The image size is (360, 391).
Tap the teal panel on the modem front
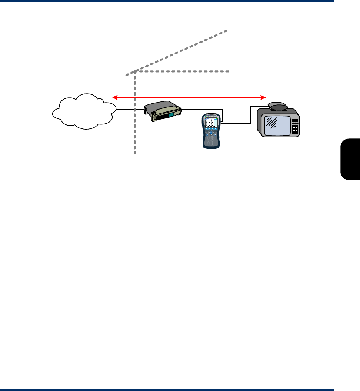[x=171, y=115]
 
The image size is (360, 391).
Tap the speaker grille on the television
[x=295, y=129]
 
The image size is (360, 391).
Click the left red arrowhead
[x=115, y=97]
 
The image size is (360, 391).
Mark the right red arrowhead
[x=264, y=97]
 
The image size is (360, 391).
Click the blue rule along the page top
[x=167, y=1]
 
